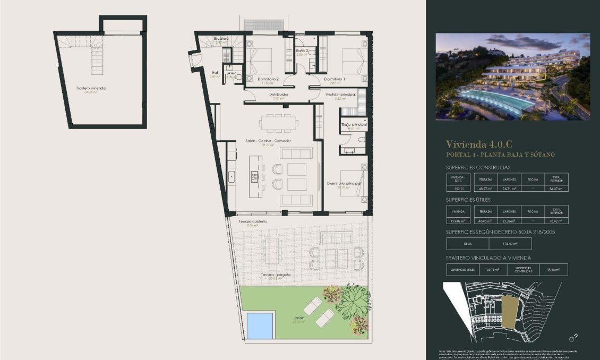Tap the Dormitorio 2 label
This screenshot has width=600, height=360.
pyautogui.click(x=268, y=79)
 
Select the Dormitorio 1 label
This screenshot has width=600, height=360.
pyautogui.click(x=335, y=79)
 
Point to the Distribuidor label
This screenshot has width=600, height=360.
pyautogui.click(x=279, y=95)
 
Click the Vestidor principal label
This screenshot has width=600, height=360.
pyautogui.click(x=340, y=95)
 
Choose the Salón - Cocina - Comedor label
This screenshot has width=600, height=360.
pyautogui.click(x=268, y=141)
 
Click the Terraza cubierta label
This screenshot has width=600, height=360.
pyautogui.click(x=253, y=221)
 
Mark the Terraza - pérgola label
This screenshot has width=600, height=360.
pyautogui.click(x=276, y=275)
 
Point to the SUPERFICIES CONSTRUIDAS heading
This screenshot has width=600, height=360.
pyautogui.click(x=478, y=167)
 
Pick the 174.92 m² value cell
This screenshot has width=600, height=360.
pyautogui.click(x=510, y=244)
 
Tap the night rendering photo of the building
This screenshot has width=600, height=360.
pyautogui.click(x=512, y=76)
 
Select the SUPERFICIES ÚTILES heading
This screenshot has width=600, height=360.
pyautogui.click(x=468, y=200)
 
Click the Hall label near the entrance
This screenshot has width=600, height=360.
pyautogui.click(x=215, y=73)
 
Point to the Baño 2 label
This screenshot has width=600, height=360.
pyautogui.click(x=302, y=50)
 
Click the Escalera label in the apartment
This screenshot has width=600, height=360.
pyautogui.click(x=221, y=39)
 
